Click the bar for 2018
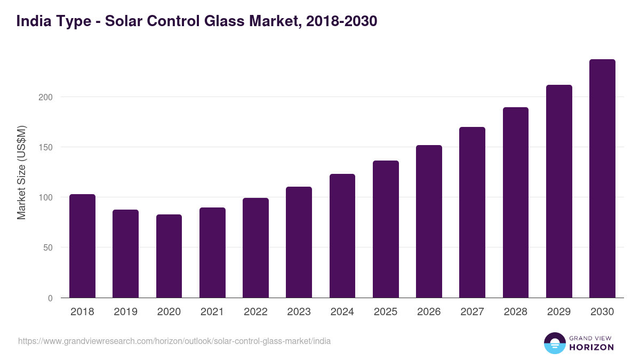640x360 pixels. click(x=82, y=246)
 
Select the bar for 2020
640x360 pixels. click(x=169, y=256)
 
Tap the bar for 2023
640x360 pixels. click(x=299, y=242)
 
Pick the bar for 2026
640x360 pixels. click(x=429, y=221)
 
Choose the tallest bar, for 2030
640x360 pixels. click(x=602, y=179)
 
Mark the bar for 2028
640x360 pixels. click(x=515, y=203)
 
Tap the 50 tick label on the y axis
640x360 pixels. click(x=49, y=247)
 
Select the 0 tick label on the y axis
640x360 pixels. click(x=51, y=298)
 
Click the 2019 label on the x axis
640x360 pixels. click(x=125, y=312)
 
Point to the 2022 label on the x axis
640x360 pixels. click(x=255, y=312)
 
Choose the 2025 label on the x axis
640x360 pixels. click(x=386, y=312)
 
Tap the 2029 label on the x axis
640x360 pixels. click(x=559, y=312)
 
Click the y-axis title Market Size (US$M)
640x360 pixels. click(x=21, y=172)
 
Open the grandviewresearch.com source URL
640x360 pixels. click(x=174, y=341)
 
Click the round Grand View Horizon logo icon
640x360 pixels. click(x=554, y=343)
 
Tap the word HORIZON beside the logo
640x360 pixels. click(x=591, y=347)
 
